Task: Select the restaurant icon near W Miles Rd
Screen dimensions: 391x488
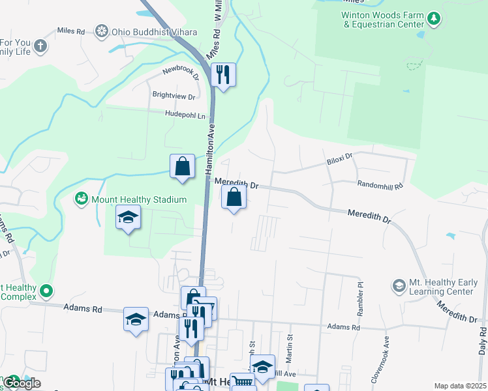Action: (x=224, y=76)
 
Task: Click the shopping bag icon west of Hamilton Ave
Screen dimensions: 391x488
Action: (x=183, y=166)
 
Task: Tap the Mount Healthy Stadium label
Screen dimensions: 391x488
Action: (x=130, y=199)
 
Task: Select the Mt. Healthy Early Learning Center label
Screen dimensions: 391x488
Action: (x=440, y=286)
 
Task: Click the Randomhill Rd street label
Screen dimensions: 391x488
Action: (x=380, y=185)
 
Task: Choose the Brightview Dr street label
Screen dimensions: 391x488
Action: (x=174, y=96)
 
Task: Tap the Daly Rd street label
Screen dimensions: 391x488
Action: (x=482, y=341)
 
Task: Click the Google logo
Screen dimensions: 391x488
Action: (x=22, y=383)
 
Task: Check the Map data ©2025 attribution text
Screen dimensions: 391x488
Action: (x=460, y=386)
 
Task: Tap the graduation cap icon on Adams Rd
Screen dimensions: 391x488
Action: (x=136, y=319)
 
